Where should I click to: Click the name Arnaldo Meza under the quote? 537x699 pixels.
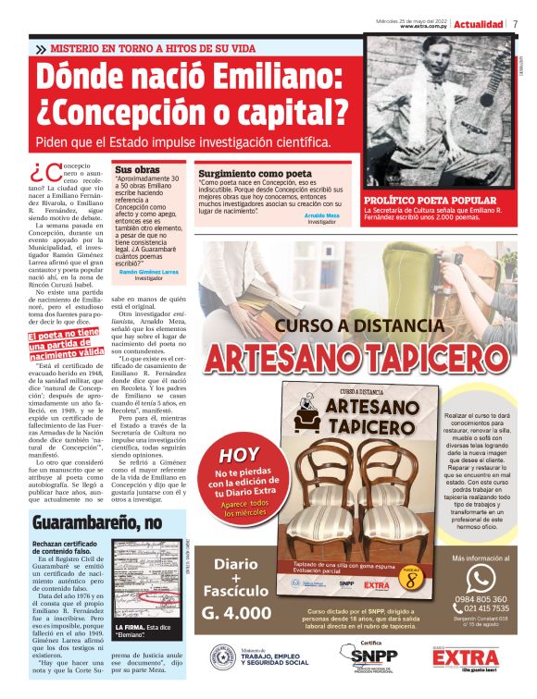[321, 215]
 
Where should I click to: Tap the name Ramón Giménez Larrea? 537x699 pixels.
[149, 272]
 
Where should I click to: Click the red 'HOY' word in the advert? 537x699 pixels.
[238, 456]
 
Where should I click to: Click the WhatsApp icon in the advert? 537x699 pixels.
[481, 579]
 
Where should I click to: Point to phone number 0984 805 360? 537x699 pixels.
[481, 599]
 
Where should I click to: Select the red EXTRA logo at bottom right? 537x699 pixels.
[465, 657]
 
